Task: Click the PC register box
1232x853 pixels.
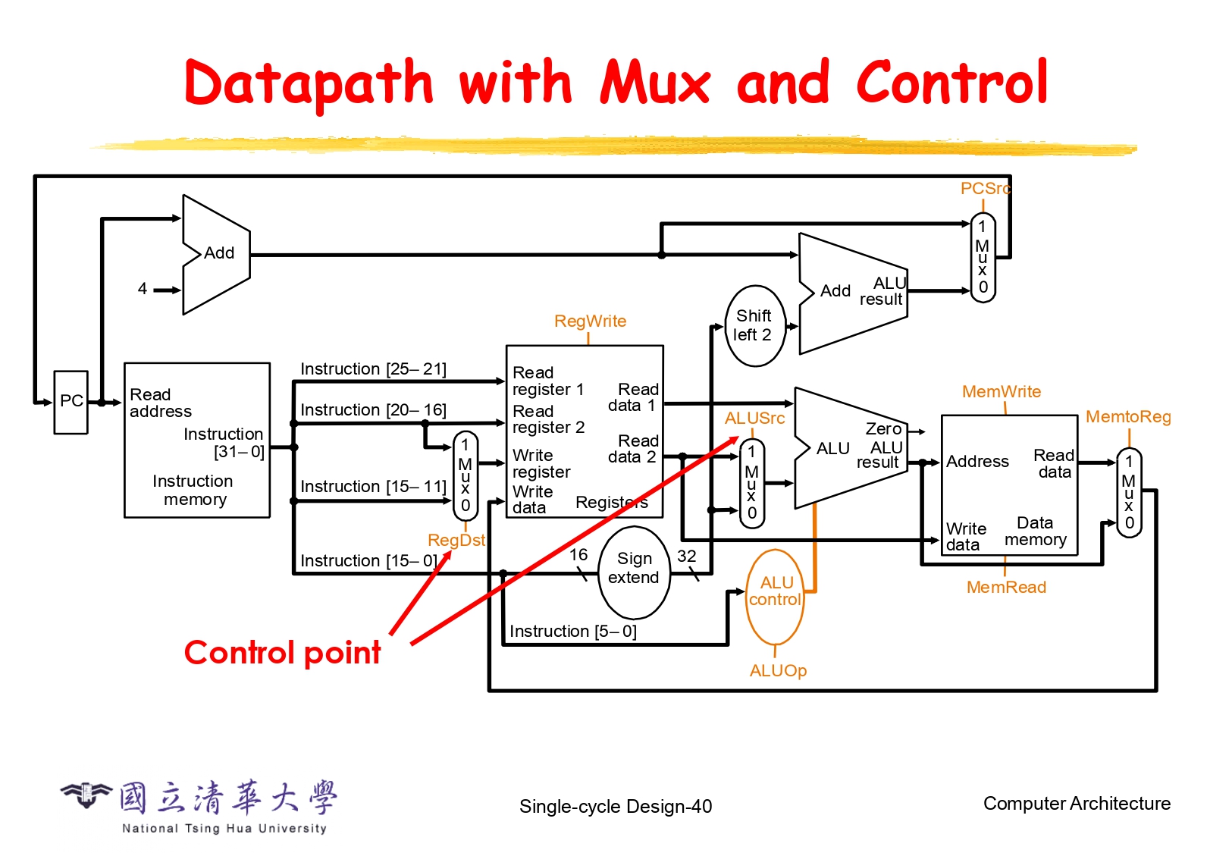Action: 71,402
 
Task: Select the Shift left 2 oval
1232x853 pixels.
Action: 754,326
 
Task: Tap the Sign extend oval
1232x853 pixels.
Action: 634,569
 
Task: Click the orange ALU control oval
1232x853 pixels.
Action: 775,592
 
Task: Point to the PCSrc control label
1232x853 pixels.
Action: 985,189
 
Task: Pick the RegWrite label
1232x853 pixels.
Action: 590,321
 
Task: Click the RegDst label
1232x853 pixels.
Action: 456,540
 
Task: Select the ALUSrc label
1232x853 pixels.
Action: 754,419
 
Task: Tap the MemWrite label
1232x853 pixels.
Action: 1002,392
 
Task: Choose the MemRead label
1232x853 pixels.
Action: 1006,588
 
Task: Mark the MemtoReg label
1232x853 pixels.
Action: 1128,417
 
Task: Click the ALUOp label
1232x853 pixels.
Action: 778,671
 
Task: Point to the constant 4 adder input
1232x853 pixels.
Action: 143,289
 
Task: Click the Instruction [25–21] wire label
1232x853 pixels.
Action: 373,369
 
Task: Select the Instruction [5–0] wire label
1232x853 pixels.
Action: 572,632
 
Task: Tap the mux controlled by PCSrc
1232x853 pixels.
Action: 983,258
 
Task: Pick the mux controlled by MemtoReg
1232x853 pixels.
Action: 1129,492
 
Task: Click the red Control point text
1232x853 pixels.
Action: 282,653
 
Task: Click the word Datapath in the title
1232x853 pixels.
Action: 308,83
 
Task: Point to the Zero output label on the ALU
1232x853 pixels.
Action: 883,429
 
